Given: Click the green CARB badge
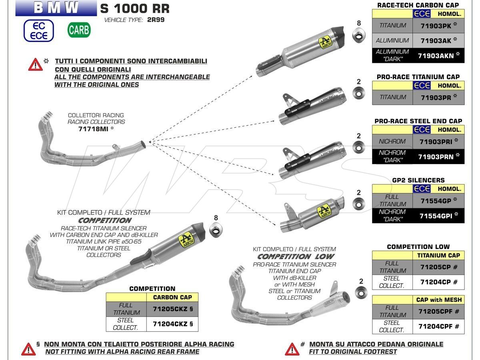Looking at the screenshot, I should click(x=79, y=30).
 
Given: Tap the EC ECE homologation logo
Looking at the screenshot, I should click(x=38, y=30).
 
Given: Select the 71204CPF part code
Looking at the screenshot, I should click(x=438, y=326).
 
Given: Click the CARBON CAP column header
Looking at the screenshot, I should click(x=172, y=297).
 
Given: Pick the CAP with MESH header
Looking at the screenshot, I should click(x=438, y=300).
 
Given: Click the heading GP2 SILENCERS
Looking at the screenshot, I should click(x=418, y=180).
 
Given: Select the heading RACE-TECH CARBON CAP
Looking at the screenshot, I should click(x=418, y=5).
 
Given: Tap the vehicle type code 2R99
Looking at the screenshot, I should click(x=156, y=20).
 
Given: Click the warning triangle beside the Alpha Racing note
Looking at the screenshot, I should click(x=28, y=349).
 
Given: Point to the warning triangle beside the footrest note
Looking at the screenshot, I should click(x=292, y=349).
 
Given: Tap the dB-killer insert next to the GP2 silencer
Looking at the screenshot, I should click(x=359, y=204).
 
